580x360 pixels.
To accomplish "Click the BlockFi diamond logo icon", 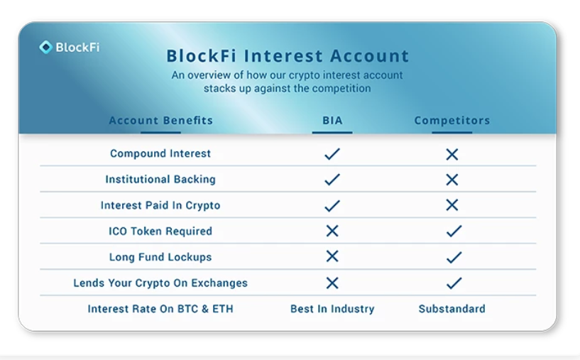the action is click(46, 47).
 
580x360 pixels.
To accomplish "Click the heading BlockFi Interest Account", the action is click(288, 56).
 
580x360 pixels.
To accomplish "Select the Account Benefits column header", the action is click(161, 120).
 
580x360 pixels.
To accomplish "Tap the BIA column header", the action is click(332, 120).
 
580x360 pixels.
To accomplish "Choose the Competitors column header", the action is click(452, 120).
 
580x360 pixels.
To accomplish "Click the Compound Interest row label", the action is click(160, 153).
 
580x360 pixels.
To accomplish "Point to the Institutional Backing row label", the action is click(160, 179).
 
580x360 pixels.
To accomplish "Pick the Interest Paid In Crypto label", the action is click(160, 205).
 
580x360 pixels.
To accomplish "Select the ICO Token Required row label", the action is click(160, 231).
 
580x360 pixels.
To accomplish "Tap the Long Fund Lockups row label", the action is click(160, 257).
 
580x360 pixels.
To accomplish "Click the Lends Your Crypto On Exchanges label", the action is click(160, 283).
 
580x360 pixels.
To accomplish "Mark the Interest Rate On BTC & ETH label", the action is click(160, 309).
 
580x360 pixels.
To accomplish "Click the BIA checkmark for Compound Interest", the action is click(332, 154).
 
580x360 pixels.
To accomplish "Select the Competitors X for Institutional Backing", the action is click(452, 180).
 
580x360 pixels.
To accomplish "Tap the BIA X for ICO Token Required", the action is click(332, 231).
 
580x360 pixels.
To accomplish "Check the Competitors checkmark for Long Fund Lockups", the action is click(454, 257).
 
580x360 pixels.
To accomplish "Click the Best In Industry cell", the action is click(332, 309).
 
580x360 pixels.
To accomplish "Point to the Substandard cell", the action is click(452, 309).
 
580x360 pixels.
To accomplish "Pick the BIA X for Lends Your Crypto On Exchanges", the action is click(332, 283).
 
